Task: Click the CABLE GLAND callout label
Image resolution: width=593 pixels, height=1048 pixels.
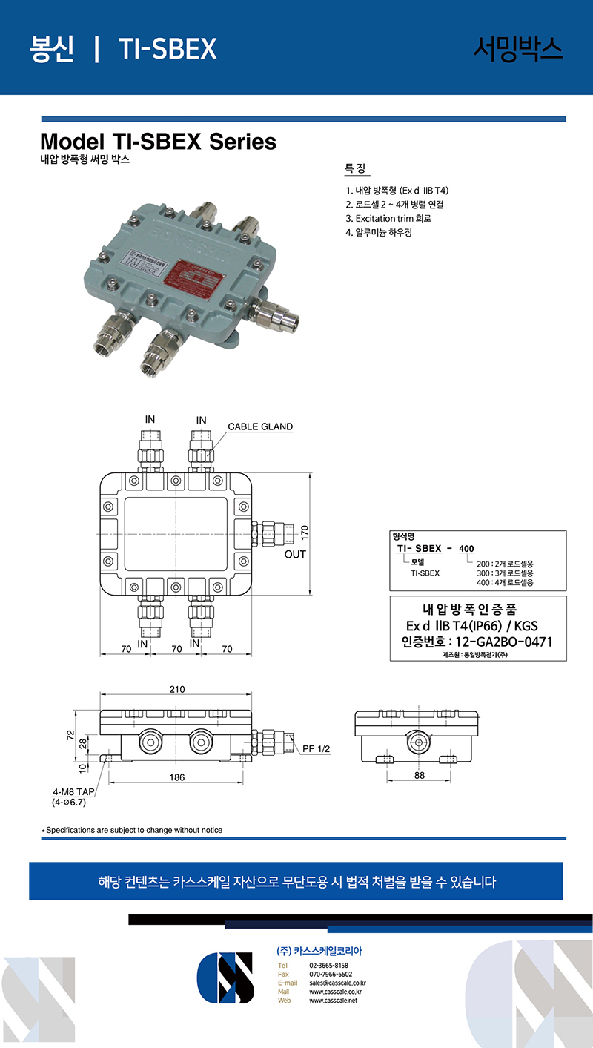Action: [260, 426]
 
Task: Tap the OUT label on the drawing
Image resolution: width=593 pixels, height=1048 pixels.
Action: [296, 554]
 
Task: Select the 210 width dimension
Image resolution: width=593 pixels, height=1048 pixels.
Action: [176, 689]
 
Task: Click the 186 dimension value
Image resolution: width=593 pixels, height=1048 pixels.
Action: [176, 777]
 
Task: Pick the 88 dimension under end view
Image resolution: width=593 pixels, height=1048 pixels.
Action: [419, 776]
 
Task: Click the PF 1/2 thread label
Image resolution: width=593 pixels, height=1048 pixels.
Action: [316, 749]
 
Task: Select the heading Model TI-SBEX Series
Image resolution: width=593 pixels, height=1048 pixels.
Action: [158, 141]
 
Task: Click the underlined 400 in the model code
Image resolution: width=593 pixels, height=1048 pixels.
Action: [466, 549]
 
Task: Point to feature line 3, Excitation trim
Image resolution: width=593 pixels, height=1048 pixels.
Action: [388, 218]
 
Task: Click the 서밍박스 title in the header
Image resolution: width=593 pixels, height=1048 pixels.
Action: [518, 48]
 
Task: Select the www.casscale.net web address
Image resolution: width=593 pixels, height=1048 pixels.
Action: [333, 1001]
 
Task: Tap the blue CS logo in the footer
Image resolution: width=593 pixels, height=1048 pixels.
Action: [225, 978]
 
